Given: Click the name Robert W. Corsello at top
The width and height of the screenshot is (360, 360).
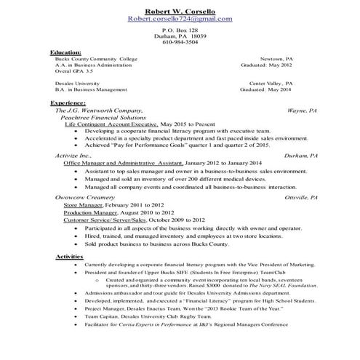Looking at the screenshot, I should coord(180,10).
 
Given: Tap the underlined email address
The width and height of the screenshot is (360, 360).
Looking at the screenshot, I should coord(180,19).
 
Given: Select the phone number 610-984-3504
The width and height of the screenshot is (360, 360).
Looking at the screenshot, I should coord(179,43).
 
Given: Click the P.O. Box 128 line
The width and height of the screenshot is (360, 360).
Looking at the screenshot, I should coord(179,30).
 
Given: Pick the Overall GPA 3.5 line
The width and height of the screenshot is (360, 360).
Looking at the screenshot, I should coord(73,71).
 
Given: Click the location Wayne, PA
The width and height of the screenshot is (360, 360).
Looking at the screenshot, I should coord(302,110).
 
